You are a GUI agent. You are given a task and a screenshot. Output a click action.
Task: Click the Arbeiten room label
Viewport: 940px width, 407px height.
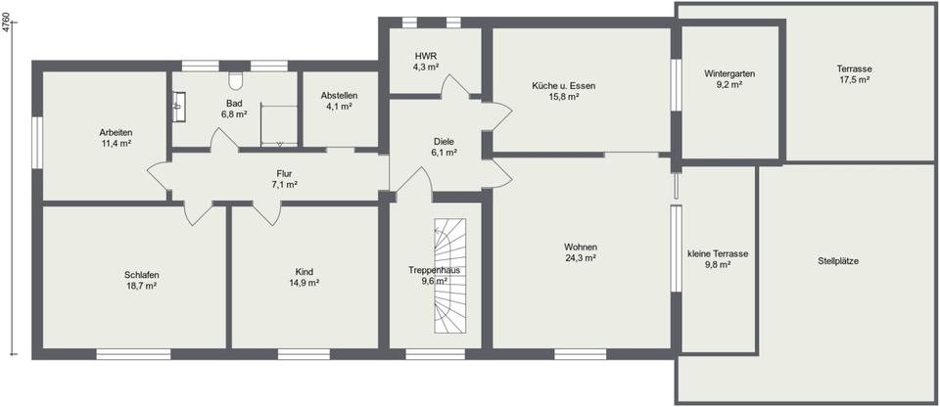coord(116,132)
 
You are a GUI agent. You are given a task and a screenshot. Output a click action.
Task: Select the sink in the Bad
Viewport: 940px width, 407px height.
coord(179,103)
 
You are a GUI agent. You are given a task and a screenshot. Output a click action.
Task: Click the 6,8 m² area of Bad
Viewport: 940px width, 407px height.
coord(233,114)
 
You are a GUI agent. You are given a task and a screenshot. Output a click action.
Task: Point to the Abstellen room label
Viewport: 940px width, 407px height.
coord(339,95)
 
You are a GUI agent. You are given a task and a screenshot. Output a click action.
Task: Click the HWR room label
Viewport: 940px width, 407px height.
coord(426,56)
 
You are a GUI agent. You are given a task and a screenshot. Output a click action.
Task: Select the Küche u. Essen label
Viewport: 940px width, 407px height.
coord(563,86)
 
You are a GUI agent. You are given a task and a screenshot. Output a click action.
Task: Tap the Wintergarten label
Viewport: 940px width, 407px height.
coord(729,74)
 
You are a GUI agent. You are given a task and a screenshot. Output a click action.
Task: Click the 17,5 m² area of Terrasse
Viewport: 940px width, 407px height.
coord(854,80)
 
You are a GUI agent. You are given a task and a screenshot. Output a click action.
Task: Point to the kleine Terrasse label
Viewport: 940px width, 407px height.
coord(718,253)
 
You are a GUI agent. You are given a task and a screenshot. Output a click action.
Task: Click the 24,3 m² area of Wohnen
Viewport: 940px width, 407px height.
coord(581,258)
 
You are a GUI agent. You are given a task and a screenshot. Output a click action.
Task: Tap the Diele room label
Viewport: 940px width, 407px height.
coord(444,141)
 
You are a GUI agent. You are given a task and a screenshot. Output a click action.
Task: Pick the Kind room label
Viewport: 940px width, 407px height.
coord(305,271)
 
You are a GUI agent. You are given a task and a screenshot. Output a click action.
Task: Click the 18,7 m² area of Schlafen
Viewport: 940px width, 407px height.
coord(142,287)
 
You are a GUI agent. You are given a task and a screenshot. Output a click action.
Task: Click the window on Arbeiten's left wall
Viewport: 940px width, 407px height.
coord(36,142)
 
